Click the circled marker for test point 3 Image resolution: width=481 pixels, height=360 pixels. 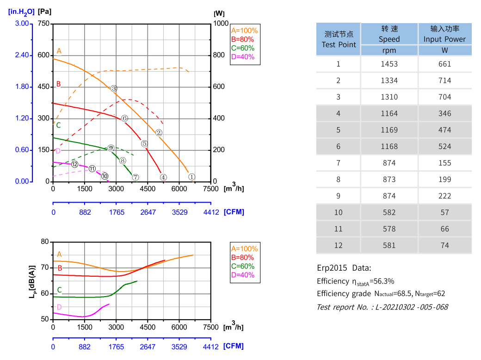[x=114, y=88]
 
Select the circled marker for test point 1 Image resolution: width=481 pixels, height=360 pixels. [x=191, y=176]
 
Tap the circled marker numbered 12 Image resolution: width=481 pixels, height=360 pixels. [x=74, y=164]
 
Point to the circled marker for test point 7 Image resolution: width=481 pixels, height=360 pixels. [x=136, y=177]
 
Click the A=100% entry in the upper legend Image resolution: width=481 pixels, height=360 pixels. [x=244, y=31]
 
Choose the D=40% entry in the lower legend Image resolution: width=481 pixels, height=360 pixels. [x=242, y=275]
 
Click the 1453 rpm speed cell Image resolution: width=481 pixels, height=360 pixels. [x=389, y=64]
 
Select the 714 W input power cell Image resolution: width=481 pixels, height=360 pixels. [x=444, y=81]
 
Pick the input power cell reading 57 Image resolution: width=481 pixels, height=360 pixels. [x=444, y=212]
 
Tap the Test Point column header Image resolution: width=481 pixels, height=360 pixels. [x=339, y=39]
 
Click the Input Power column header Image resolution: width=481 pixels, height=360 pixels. [x=444, y=34]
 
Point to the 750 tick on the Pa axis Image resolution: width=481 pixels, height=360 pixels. [x=43, y=24]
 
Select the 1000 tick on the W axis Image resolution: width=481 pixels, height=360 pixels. [x=221, y=24]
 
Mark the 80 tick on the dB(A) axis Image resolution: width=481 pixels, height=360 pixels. [x=45, y=242]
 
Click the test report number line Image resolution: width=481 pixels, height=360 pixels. [x=382, y=307]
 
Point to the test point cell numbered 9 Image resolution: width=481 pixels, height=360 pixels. [x=339, y=196]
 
